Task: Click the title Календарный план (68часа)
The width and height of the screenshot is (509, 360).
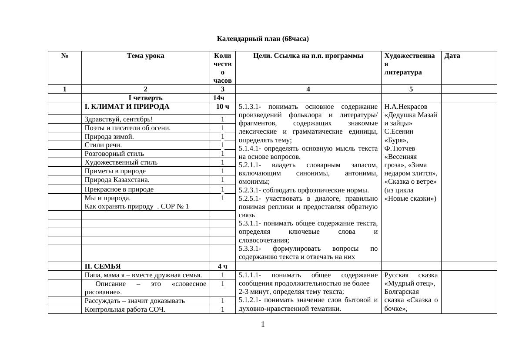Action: [x=263, y=39]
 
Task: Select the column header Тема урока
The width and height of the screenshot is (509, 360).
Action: [x=145, y=56]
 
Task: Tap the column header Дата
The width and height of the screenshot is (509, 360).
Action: [x=452, y=56]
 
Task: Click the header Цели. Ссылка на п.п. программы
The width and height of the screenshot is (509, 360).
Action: [x=308, y=56]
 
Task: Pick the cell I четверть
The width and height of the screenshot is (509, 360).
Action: [x=145, y=98]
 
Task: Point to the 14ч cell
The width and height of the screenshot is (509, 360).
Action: [x=222, y=98]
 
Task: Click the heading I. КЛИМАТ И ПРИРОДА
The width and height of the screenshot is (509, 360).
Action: [x=127, y=107]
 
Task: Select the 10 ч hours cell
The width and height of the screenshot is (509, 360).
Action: [x=222, y=107]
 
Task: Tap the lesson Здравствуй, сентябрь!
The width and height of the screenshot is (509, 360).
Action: [x=119, y=119]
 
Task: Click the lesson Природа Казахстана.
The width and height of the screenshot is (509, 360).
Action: [x=117, y=180]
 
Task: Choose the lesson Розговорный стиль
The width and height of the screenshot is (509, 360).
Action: [x=114, y=154]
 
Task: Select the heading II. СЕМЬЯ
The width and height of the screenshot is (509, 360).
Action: [x=103, y=266]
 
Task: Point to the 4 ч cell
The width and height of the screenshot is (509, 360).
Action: [x=222, y=266]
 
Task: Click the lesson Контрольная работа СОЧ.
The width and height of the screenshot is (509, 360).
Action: [x=125, y=310]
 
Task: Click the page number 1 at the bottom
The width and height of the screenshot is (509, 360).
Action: [x=263, y=324]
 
